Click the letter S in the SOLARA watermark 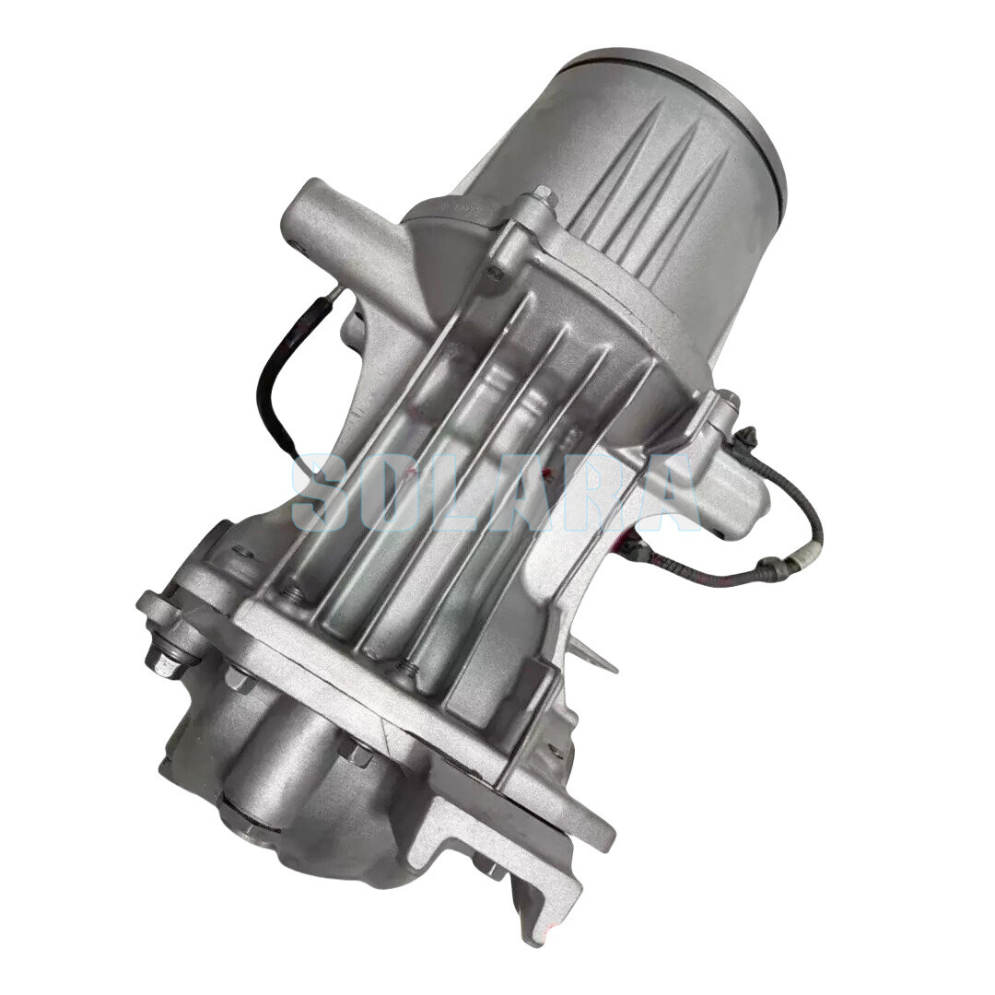324,493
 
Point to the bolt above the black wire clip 728,400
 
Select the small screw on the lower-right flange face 556,751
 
